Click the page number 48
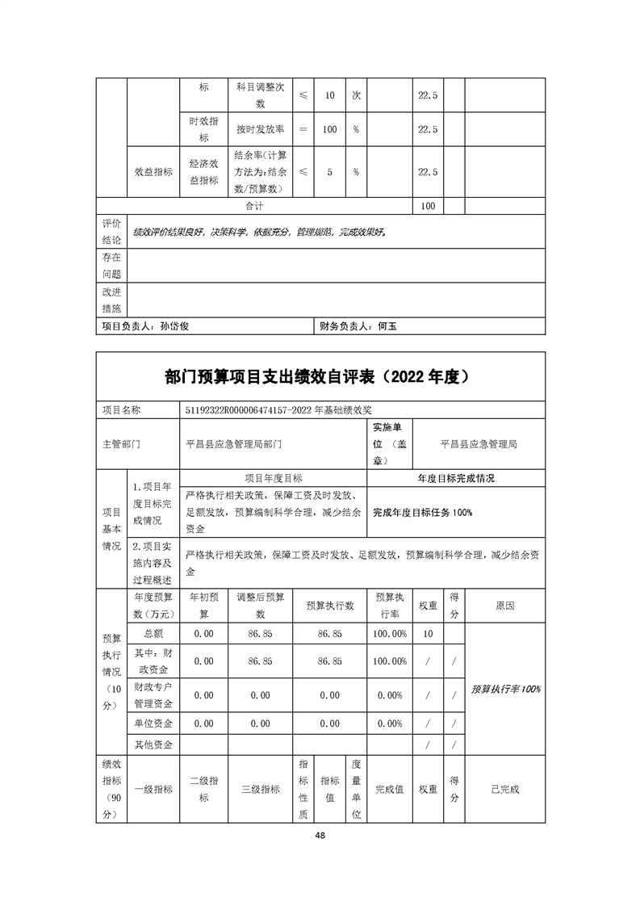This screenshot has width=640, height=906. point(320,836)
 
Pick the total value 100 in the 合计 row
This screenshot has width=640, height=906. point(428,206)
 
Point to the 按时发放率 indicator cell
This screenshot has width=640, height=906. point(260,129)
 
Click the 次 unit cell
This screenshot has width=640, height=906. point(356,95)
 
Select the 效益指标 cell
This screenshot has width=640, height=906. point(153,172)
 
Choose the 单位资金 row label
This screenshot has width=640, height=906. point(153,724)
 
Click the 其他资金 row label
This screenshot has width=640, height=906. point(153,744)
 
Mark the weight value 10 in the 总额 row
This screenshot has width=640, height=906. point(428,634)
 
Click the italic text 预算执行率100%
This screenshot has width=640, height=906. point(506,689)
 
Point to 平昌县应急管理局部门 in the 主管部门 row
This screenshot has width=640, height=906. point(234,444)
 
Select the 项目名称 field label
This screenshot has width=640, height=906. point(122,410)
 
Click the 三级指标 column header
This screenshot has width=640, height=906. point(261,790)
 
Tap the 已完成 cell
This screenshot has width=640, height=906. point(505,790)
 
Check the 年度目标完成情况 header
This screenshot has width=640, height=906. point(456,478)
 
